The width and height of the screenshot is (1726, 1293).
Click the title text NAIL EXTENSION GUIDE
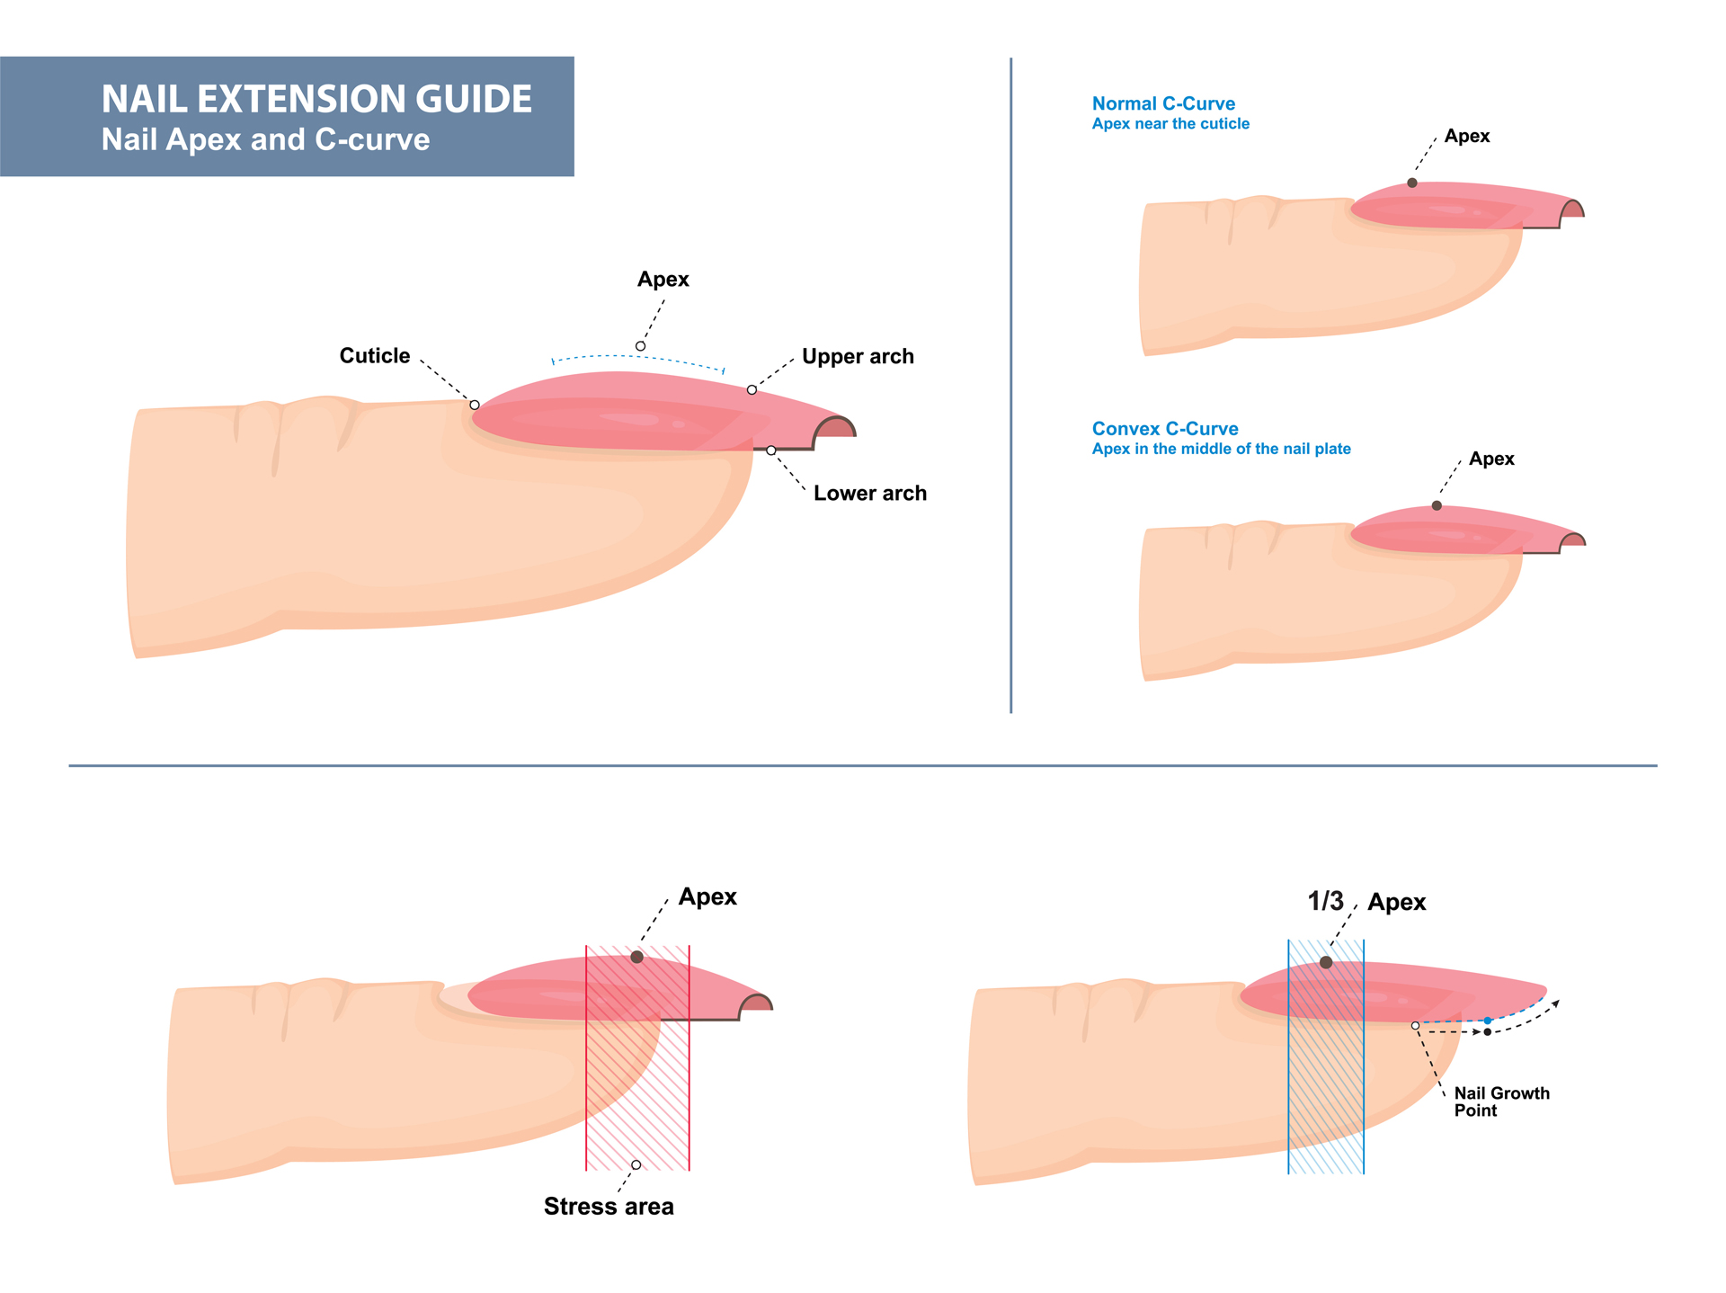point(316,99)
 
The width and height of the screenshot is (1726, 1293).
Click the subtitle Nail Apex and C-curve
point(265,140)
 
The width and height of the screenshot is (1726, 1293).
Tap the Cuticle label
point(374,356)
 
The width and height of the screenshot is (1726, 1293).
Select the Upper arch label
point(857,357)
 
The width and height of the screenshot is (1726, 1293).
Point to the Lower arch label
point(869,494)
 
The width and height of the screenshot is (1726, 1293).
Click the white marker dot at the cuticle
point(475,406)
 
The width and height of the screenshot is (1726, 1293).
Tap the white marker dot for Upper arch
point(752,390)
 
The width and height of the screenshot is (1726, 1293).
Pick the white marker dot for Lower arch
point(771,450)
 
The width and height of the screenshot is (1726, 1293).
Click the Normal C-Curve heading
point(1163,103)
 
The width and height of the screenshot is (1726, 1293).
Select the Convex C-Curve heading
point(1165,429)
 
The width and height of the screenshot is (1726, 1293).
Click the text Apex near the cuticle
point(1170,124)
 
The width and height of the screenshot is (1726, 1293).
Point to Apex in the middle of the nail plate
point(1221,449)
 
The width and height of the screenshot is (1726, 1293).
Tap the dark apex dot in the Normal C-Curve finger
point(1412,183)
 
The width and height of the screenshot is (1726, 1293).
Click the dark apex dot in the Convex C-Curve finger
point(1437,506)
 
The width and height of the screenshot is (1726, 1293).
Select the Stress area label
point(609,1207)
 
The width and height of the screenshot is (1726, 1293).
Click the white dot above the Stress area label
point(636,1165)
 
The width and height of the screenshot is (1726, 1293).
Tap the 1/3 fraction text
point(1325,901)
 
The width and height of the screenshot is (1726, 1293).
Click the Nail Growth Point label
point(1501,1101)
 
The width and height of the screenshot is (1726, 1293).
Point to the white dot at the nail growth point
point(1416,1026)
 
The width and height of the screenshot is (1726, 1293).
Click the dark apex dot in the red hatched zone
point(637,958)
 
